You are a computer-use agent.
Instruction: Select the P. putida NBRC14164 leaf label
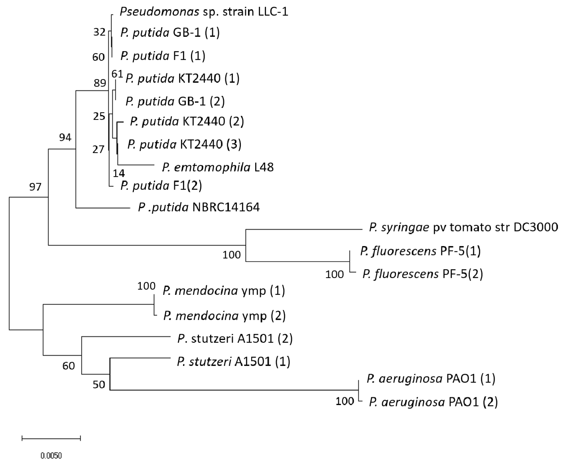click(199, 207)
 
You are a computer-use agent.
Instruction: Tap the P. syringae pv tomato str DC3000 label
click(463, 228)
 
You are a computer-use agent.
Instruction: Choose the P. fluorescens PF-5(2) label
click(423, 274)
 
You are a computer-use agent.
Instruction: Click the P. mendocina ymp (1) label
click(224, 291)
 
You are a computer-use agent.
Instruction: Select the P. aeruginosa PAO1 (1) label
click(431, 379)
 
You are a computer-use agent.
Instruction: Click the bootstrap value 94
click(65, 138)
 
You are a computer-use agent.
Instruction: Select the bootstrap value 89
click(100, 83)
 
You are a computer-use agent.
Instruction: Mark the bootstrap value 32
click(99, 32)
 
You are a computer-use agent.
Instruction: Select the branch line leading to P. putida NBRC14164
click(103, 208)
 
